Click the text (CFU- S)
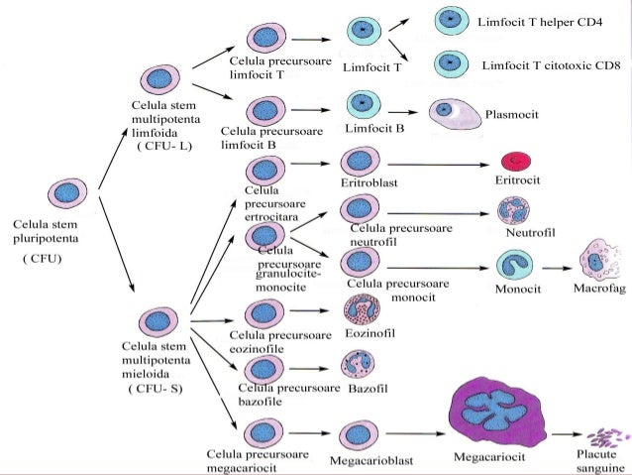coord(156,389)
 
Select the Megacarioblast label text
coord(371,460)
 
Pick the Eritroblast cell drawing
coord(361,161)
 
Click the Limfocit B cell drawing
coord(364,105)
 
